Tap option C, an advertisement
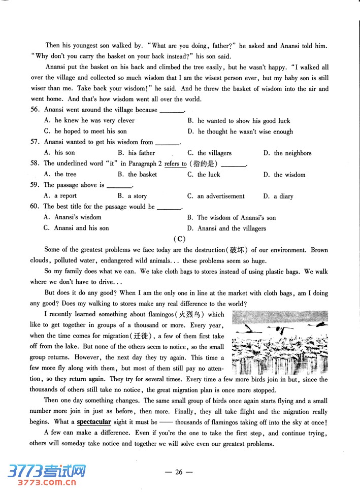pyautogui.click(x=216, y=196)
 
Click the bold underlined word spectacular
pyautogui.click(x=94, y=422)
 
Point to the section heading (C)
pyautogui.click(x=179, y=239)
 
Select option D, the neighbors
pyautogui.click(x=287, y=153)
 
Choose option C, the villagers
pyautogui.click(x=209, y=153)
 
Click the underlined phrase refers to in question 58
pyautogui.click(x=175, y=163)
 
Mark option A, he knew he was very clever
pyautogui.click(x=89, y=120)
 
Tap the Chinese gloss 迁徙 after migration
pyautogui.click(x=144, y=336)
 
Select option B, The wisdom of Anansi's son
pyautogui.click(x=232, y=217)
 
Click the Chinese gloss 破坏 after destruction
pyautogui.click(x=237, y=250)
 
